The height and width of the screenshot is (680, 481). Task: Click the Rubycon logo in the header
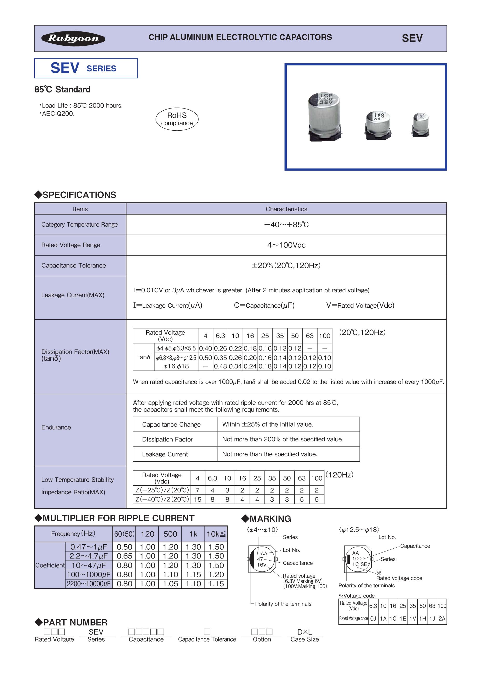[x=73, y=38]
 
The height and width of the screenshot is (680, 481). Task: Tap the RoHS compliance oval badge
[x=177, y=119]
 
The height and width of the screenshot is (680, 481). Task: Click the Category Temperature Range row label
[x=79, y=225]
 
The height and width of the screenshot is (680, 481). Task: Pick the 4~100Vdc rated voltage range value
[x=286, y=245]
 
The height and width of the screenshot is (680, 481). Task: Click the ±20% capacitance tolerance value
[x=286, y=265]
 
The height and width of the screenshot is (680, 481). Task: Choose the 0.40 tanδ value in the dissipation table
[x=205, y=348]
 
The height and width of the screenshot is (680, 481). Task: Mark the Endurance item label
[x=56, y=427]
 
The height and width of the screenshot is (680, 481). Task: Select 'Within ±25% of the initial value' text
[x=268, y=425]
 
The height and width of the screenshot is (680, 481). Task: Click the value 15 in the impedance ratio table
[x=198, y=499]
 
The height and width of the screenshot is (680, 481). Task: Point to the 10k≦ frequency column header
[x=216, y=534]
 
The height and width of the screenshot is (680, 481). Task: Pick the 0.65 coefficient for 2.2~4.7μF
[x=124, y=556]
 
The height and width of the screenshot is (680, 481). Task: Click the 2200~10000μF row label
[x=89, y=584]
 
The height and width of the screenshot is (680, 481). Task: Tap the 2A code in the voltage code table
[x=442, y=618]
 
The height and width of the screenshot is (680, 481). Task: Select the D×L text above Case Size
[x=304, y=632]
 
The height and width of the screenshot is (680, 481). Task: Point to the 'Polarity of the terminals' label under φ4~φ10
[x=283, y=604]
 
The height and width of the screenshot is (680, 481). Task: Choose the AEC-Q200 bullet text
[x=58, y=114]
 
